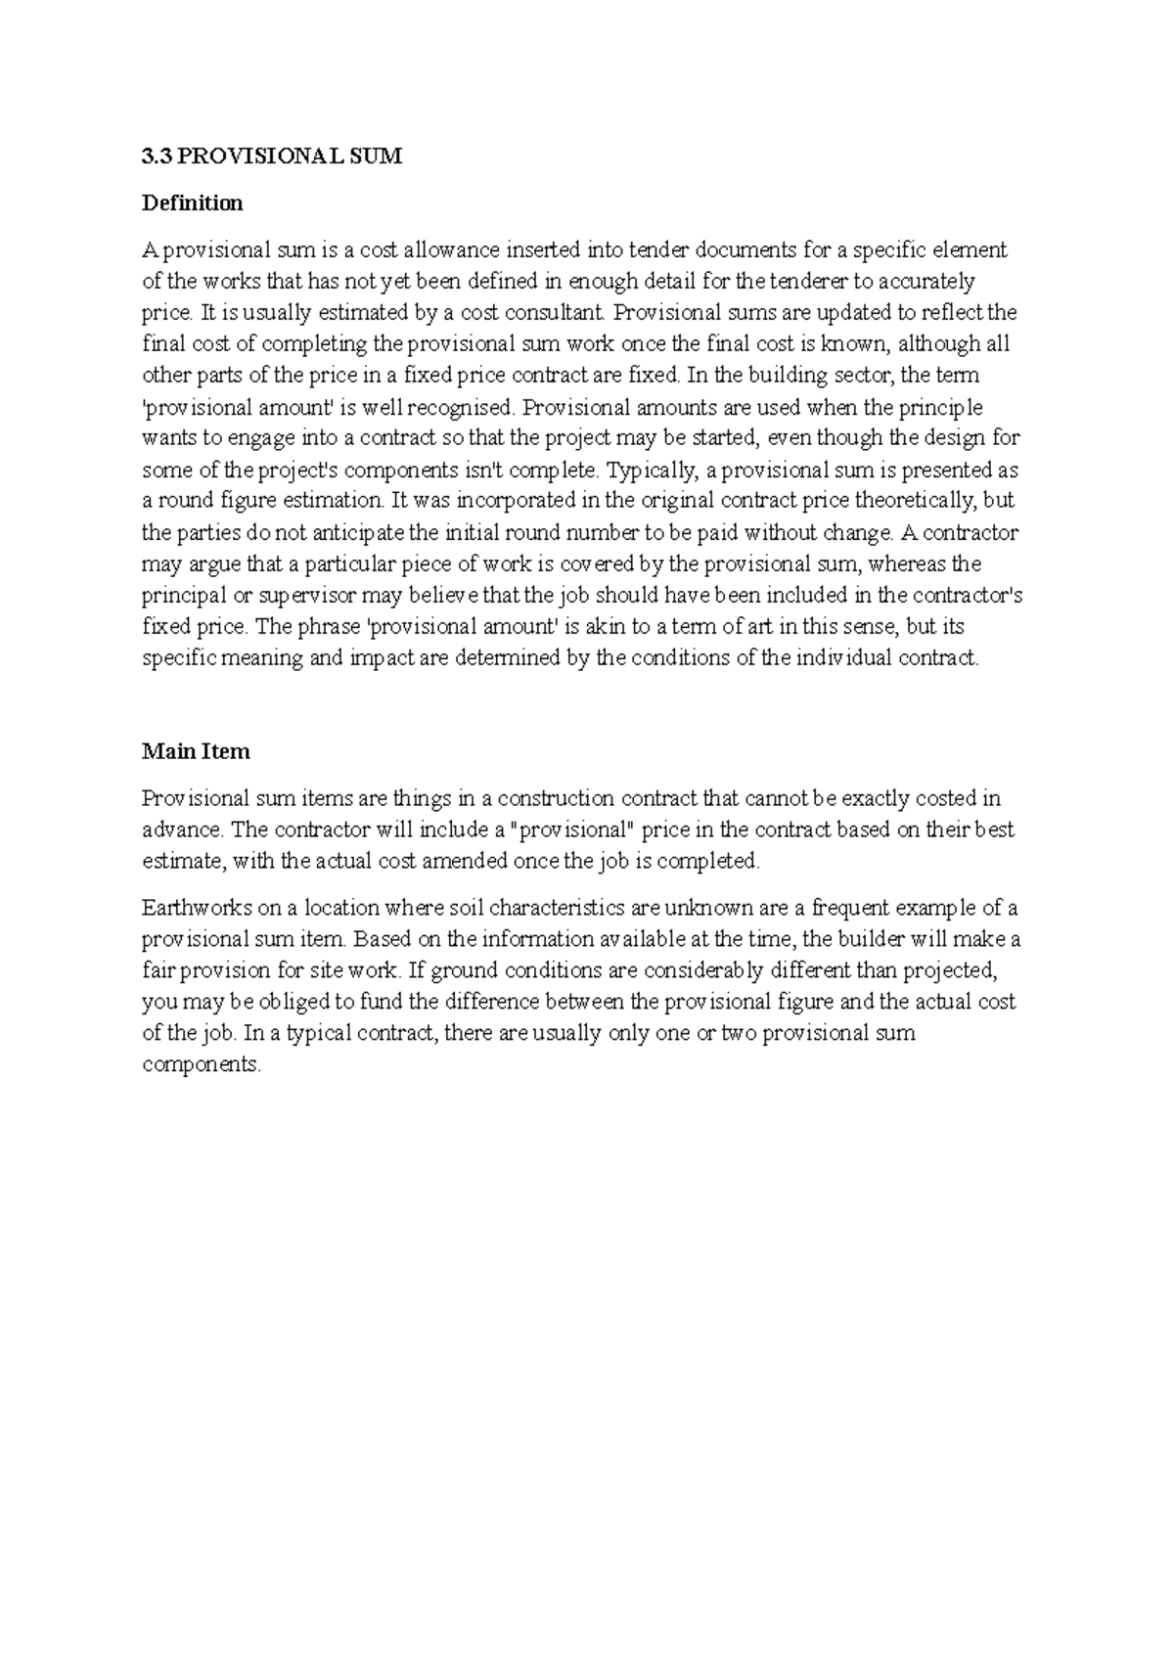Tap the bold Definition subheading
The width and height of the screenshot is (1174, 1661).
[193, 203]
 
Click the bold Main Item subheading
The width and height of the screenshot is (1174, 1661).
[196, 751]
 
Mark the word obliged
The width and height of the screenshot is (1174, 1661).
[306, 1002]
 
